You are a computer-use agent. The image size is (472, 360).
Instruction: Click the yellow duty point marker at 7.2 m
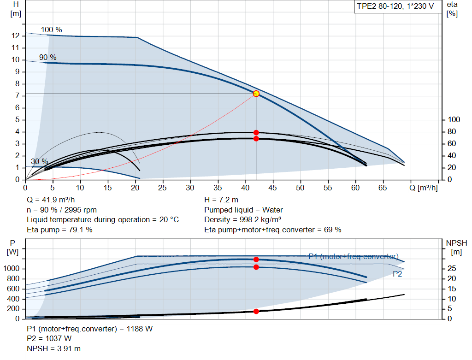click(256, 94)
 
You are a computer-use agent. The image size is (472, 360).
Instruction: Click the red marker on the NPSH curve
click(256, 311)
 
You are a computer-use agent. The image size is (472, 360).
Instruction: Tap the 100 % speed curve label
click(51, 30)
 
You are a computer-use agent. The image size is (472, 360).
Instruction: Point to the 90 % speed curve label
click(47, 58)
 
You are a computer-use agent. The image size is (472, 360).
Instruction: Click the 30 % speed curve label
click(39, 162)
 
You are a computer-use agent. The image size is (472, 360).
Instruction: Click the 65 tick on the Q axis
click(382, 188)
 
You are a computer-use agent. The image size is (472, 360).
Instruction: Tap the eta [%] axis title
click(452, 9)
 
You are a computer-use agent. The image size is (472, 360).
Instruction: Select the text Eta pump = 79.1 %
click(59, 230)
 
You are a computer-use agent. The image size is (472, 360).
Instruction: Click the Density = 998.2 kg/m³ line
click(242, 220)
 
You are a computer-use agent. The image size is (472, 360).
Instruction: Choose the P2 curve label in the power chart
click(397, 274)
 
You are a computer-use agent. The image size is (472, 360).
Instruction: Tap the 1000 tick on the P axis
click(12, 269)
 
